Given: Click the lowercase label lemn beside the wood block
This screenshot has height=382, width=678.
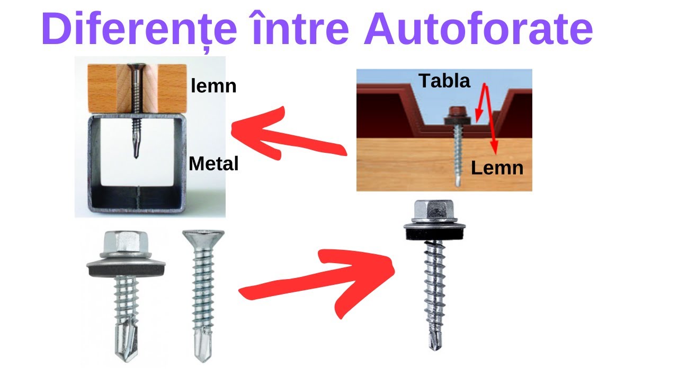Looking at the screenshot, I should pos(213,85).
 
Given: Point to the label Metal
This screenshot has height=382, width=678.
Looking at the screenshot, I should pos(213,164).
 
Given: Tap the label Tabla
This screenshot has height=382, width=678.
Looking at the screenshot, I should pos(444,81).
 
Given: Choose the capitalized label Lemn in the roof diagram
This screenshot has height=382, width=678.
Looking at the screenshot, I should pos(497,168).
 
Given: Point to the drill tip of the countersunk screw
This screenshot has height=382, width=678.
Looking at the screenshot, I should pos(202,348).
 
